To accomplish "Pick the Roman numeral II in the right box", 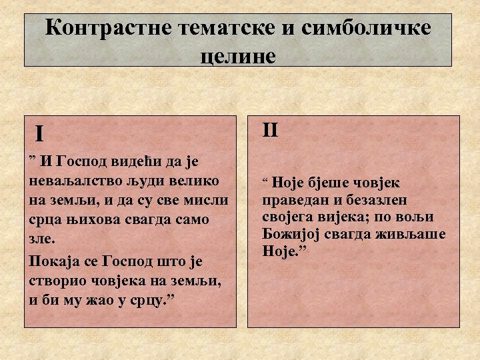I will [x=270, y=129].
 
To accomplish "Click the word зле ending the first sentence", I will [x=41, y=238].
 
